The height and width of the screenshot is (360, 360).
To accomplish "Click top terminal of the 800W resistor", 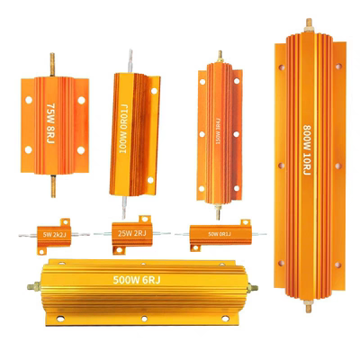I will click(x=308, y=21).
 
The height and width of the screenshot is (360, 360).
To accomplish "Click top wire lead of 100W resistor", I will click(x=138, y=56).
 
